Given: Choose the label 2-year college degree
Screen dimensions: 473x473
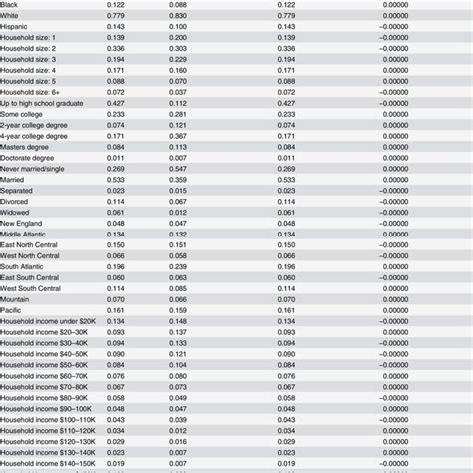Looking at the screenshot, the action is [38, 125].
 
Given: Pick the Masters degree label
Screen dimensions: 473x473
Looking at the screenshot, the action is [29, 147].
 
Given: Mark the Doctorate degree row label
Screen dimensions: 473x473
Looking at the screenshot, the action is [32, 158].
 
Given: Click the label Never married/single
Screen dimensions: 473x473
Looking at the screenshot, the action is [37, 169].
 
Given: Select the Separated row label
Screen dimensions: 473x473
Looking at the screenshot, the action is [20, 190].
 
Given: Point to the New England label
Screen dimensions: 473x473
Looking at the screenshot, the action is [25, 223].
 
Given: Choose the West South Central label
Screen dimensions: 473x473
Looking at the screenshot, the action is [37, 287].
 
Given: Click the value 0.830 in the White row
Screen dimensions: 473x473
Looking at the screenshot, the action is [178, 15].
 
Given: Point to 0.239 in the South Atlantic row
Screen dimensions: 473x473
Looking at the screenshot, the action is [178, 266].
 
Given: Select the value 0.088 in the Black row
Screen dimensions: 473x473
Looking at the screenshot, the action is [178, 4].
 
